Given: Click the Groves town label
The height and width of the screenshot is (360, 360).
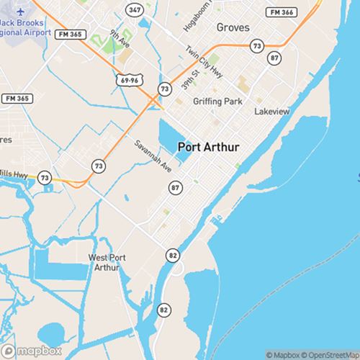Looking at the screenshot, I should point(233,27).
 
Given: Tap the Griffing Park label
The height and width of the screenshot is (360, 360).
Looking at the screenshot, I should point(217,102).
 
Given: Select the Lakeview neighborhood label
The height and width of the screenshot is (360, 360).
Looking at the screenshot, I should point(271,112).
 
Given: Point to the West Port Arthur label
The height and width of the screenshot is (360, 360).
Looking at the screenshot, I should point(108,262).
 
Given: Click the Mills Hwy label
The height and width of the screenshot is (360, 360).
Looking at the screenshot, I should point(14,174).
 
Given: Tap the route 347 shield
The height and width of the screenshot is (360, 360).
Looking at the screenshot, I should point(133,11).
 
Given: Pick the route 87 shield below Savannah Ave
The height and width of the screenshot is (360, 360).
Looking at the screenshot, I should point(175,187).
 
